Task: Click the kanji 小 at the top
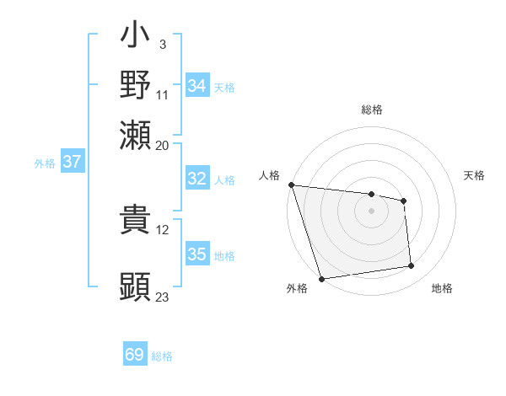(x=135, y=37)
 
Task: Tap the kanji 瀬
(x=135, y=135)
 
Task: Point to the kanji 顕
(x=135, y=286)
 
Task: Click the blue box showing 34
(x=196, y=86)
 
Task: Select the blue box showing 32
(x=196, y=179)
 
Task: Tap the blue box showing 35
(x=196, y=254)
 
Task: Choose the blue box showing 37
(x=72, y=162)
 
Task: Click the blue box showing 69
(x=135, y=355)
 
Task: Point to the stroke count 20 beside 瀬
(x=163, y=146)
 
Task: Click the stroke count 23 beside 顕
(x=163, y=297)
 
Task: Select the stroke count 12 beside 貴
(x=163, y=230)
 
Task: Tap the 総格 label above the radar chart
(x=372, y=110)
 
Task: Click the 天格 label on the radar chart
(x=475, y=175)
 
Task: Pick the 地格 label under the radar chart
(x=442, y=288)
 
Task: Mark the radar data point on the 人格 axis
(x=291, y=185)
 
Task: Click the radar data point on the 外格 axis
(x=322, y=279)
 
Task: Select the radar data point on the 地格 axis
(x=412, y=266)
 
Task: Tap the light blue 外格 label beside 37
(x=44, y=163)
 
